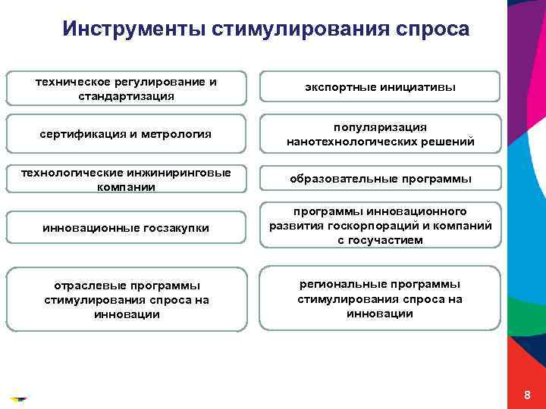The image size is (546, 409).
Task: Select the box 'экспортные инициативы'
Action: [380, 87]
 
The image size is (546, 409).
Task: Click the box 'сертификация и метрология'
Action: [126, 134]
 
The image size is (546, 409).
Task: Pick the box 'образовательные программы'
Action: [380, 180]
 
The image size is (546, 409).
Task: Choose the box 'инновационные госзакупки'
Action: [126, 228]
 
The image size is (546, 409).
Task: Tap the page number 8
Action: [527, 396]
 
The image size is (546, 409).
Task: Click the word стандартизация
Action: [126, 96]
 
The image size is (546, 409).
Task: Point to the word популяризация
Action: [380, 127]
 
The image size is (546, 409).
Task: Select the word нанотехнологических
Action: [348, 142]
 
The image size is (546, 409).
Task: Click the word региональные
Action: [343, 284]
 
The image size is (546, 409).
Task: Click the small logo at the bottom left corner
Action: [18, 397]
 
